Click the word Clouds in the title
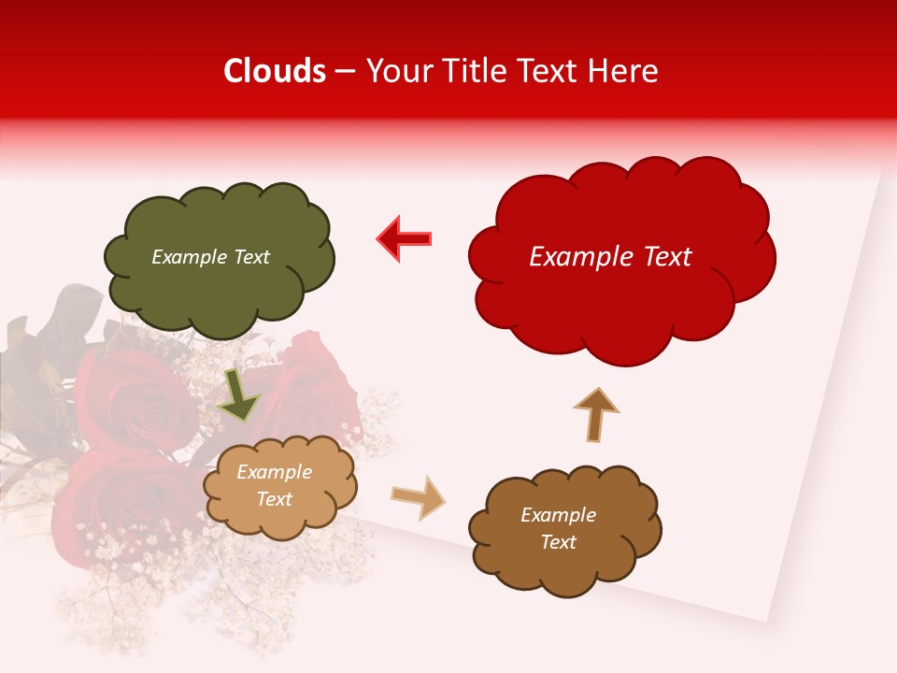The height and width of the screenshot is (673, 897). [275, 71]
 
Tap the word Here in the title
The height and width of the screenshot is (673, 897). [622, 71]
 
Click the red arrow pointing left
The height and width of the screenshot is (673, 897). [404, 238]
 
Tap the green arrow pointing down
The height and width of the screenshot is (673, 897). [239, 395]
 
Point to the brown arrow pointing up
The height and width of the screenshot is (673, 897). [595, 414]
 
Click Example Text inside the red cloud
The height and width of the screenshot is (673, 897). [610, 257]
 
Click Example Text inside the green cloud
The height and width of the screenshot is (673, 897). [210, 257]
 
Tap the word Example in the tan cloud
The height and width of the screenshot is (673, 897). [274, 472]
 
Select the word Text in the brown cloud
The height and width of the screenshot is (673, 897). [558, 542]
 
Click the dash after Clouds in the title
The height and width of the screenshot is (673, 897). [345, 71]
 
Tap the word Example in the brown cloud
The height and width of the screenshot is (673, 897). [558, 515]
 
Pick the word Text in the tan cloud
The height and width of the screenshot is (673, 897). [274, 499]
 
